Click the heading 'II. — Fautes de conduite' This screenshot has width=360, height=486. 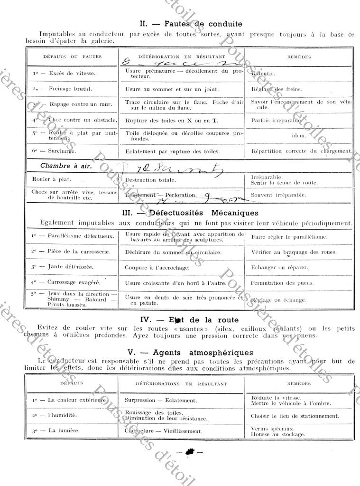pyautogui.click(x=191, y=24)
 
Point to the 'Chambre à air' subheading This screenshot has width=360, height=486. pyautogui.click(x=66, y=166)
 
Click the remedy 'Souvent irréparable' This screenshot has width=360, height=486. pyautogui.click(x=278, y=195)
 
